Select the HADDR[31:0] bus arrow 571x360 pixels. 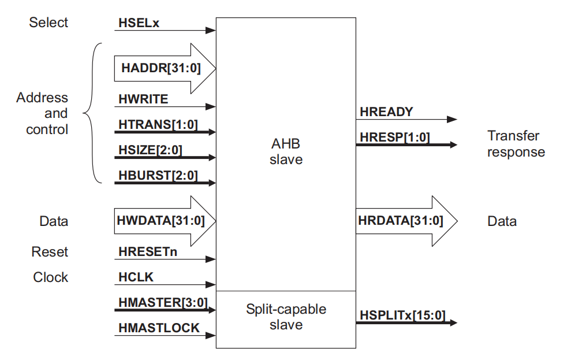tap(165, 68)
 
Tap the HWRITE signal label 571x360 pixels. tap(143, 99)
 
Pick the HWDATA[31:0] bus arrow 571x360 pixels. tap(165, 221)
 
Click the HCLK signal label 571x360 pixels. tap(136, 277)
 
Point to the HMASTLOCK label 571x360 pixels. tap(159, 328)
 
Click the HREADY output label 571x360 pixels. tap(386, 112)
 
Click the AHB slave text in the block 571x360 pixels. tap(286, 151)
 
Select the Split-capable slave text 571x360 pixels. tap(286, 317)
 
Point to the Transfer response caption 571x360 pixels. tap(516, 144)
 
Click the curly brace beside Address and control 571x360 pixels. tap(92, 113)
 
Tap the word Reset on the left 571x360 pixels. tap(50, 252)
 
